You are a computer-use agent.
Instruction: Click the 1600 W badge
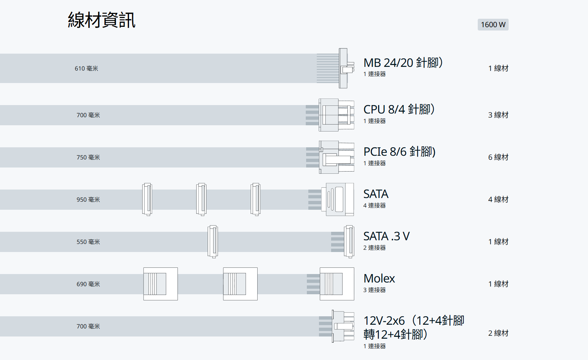tap(493, 25)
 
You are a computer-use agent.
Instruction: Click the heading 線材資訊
tap(101, 20)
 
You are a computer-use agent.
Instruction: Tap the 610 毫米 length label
tap(86, 68)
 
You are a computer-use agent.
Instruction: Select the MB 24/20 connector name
tap(403, 63)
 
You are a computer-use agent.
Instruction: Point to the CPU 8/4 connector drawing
tap(336, 115)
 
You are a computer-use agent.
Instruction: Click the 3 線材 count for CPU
tap(498, 115)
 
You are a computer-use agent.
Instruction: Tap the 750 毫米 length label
tap(88, 157)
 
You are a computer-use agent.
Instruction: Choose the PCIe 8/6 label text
tap(399, 152)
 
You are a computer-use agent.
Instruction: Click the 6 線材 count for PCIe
tap(498, 157)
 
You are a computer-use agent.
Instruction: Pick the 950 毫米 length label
tap(88, 199)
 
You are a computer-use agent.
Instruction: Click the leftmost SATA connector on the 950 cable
tap(147, 199)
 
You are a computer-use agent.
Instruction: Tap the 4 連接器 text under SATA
tap(374, 205)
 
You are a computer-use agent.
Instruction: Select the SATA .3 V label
tap(386, 236)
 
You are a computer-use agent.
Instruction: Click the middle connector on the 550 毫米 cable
tap(212, 242)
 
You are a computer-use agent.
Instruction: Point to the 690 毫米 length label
tap(88, 284)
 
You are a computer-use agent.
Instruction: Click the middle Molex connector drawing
tap(240, 284)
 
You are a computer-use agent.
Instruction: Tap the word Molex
tap(379, 278)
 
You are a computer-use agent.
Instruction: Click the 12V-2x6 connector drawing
tap(343, 326)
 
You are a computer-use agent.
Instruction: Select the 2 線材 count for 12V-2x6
tap(498, 333)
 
